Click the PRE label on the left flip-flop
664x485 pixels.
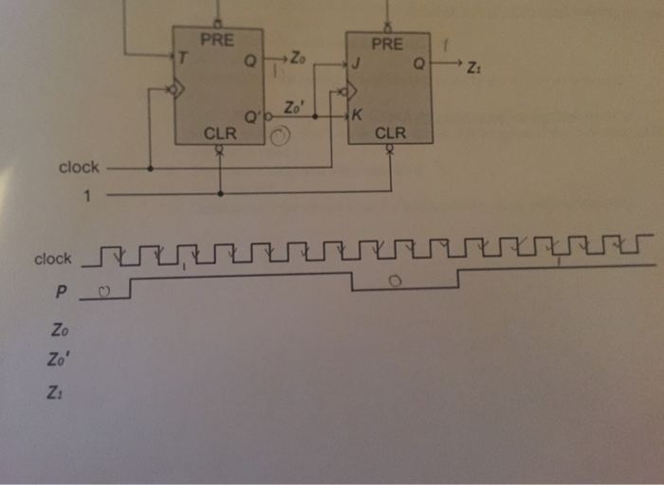217,39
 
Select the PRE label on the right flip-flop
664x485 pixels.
387,45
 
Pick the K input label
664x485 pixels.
358,116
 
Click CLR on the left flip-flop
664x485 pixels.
220,134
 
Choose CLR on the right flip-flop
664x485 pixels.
390,134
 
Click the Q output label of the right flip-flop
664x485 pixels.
418,64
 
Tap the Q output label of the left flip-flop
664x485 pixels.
249,60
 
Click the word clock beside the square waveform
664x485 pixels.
53,259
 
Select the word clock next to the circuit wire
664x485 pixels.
79,168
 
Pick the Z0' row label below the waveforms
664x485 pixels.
61,360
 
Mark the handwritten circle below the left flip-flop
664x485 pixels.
280,140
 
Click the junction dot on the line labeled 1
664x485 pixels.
220,193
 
